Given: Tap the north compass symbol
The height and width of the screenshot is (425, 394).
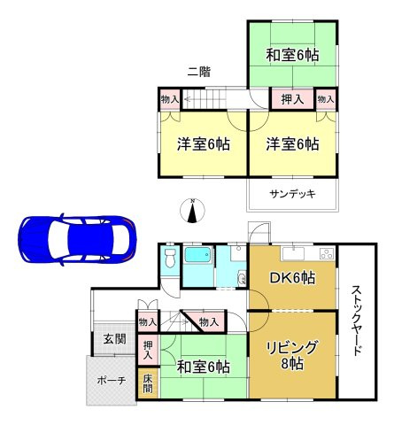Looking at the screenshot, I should [193, 211].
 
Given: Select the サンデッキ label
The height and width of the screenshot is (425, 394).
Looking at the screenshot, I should [292, 195].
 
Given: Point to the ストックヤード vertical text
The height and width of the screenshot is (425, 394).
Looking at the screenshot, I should [356, 319].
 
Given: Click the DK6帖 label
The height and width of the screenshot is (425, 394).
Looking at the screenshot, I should [291, 278].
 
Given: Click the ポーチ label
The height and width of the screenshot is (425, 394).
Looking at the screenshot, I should [111, 381].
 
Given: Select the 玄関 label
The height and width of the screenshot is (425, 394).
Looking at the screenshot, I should [113, 338].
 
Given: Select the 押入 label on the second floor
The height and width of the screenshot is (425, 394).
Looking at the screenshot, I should [291, 99].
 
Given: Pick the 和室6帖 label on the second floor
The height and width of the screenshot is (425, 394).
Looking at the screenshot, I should [291, 55].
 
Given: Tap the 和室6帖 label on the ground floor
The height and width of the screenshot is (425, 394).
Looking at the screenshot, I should [202, 366].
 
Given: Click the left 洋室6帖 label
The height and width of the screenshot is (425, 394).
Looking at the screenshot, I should [202, 143].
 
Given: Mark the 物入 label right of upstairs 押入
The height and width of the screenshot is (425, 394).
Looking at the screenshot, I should [326, 99].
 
